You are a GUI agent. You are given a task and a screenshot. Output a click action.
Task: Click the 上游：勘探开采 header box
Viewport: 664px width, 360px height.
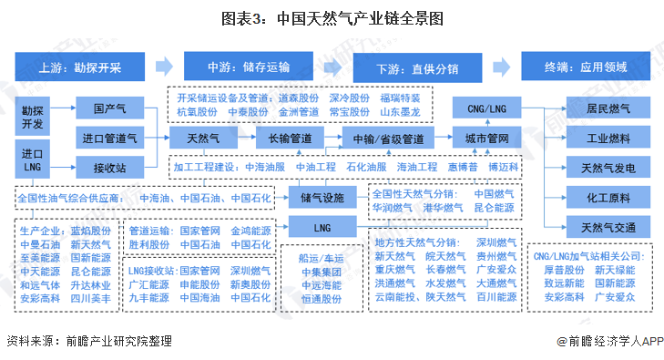79,67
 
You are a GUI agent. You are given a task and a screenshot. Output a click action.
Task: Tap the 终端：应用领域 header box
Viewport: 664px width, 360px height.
586,67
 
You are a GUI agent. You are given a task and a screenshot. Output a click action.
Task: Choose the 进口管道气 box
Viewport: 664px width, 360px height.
109,139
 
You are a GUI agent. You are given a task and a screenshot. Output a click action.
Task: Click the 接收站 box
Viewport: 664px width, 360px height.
109,167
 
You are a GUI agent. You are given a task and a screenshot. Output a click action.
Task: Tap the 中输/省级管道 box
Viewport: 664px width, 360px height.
388,139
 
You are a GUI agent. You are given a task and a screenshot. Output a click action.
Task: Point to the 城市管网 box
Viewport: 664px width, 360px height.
486,139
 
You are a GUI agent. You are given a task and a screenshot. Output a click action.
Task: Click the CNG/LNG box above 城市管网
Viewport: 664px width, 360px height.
486,109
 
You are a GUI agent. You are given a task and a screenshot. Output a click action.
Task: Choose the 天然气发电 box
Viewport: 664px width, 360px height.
602,168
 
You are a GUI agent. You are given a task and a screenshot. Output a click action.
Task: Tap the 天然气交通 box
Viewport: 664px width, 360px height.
602,225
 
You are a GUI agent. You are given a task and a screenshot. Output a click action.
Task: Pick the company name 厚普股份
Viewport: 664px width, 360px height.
565,270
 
